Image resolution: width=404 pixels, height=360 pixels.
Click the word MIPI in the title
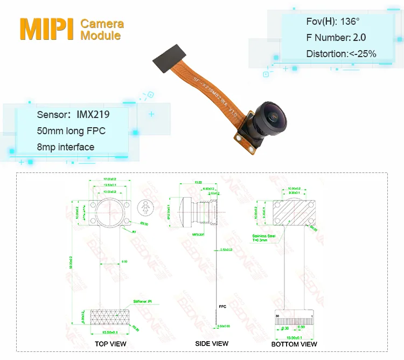[47, 30]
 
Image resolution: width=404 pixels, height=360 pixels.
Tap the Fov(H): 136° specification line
[332, 22]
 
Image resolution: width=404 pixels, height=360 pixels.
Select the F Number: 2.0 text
[336, 38]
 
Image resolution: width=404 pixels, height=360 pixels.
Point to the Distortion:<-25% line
[341, 53]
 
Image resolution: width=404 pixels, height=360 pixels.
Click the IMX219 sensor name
[93, 114]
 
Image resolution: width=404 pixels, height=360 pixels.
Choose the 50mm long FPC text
[71, 131]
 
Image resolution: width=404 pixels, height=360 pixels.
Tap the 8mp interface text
[65, 147]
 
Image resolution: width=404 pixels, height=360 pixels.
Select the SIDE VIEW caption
[212, 343]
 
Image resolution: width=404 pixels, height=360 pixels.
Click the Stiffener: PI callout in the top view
[142, 302]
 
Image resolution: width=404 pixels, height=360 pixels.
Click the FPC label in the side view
[222, 305]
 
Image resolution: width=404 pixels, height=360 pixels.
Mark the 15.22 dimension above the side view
[198, 183]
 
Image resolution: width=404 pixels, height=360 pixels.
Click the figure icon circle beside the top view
[144, 207]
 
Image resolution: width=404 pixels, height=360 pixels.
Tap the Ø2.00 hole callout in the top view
[144, 223]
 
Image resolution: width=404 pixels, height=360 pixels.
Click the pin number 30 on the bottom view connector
[277, 315]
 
